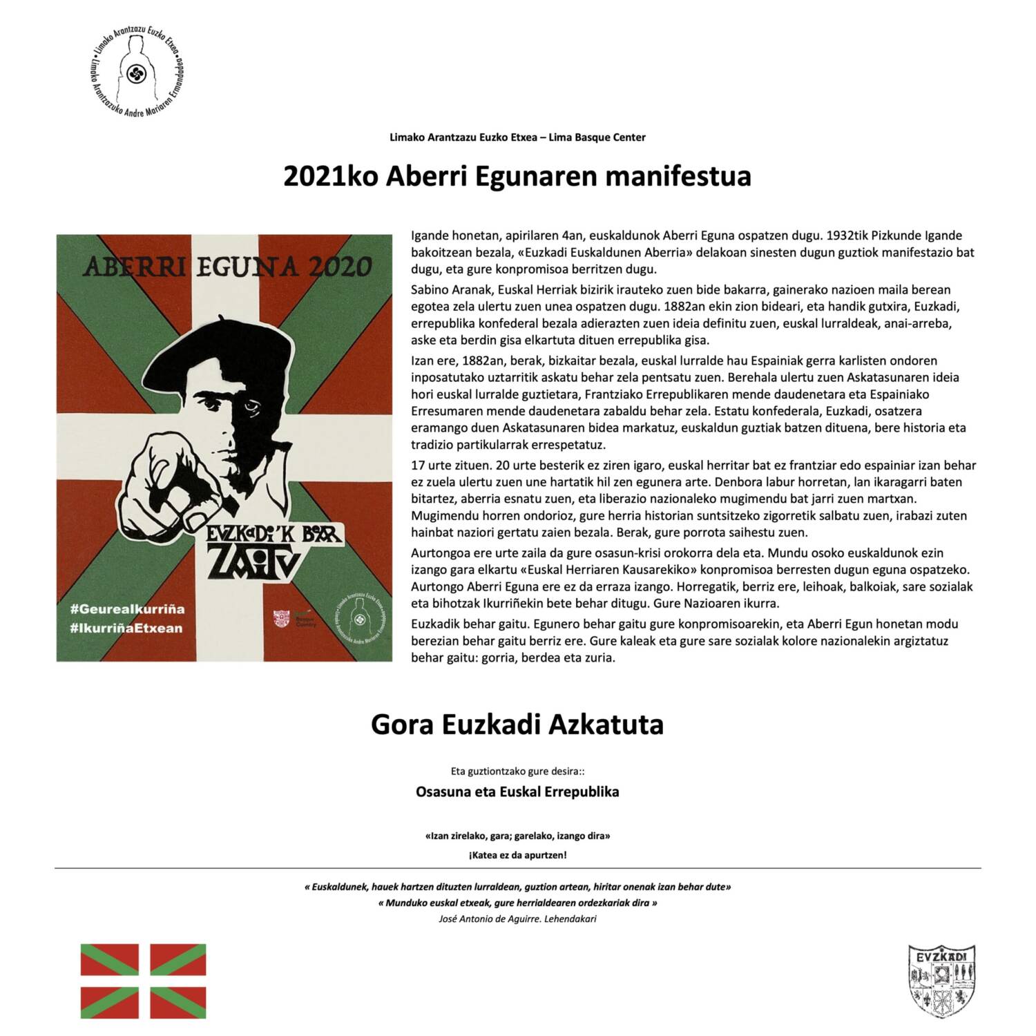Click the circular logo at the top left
[x=137, y=69]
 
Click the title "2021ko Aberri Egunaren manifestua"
[x=517, y=177]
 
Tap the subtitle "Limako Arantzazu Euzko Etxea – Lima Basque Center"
[x=517, y=137]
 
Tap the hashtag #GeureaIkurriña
[x=128, y=609]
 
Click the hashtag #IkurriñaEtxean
[x=126, y=628]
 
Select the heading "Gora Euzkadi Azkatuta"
[x=517, y=725]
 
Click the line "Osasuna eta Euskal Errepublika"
[x=517, y=792]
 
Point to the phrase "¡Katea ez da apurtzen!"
[x=517, y=855]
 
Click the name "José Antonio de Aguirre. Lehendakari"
[x=517, y=919]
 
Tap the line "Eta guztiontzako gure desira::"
[x=517, y=771]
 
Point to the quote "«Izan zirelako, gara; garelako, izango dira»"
[x=517, y=836]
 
